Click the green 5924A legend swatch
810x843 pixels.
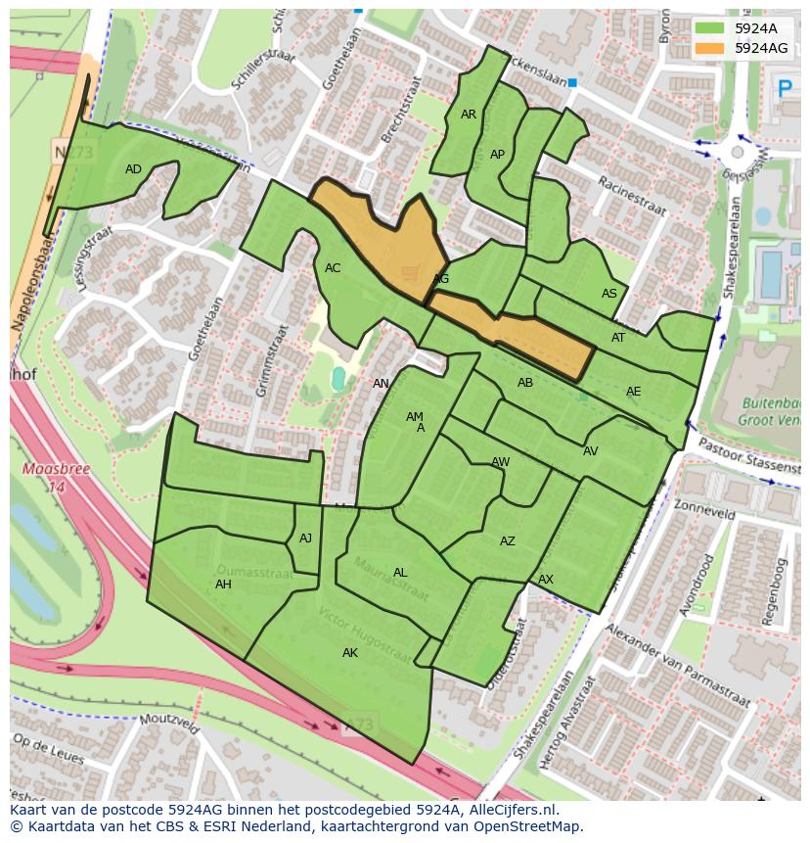pyautogui.click(x=710, y=28)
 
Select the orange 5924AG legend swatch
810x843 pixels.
pyautogui.click(x=710, y=48)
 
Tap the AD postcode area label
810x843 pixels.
pyautogui.click(x=134, y=169)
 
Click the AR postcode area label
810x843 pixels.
pyautogui.click(x=469, y=115)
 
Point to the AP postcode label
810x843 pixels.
pyautogui.click(x=497, y=155)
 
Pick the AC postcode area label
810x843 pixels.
pyautogui.click(x=333, y=268)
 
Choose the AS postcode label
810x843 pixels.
pyautogui.click(x=609, y=294)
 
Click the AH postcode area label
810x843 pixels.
pyautogui.click(x=223, y=585)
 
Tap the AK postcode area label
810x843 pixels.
pyautogui.click(x=350, y=653)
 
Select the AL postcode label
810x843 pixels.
pyautogui.click(x=400, y=573)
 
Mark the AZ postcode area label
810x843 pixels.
pyautogui.click(x=508, y=541)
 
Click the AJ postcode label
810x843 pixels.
pyautogui.click(x=306, y=539)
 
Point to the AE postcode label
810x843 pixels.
pyautogui.click(x=634, y=392)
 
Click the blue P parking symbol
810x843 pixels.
pyautogui.click(x=785, y=89)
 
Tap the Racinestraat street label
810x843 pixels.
pyautogui.click(x=632, y=197)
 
